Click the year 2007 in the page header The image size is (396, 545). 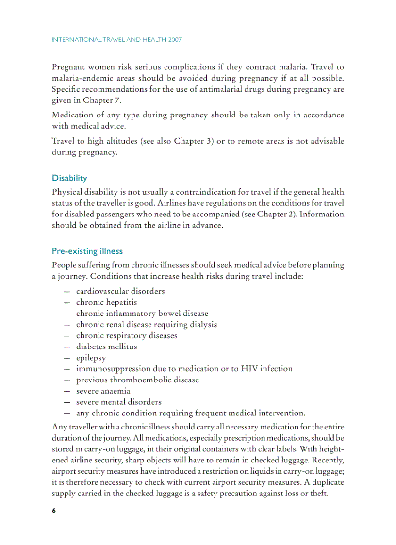[173, 40]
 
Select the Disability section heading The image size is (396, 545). [69, 178]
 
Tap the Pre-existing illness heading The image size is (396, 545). [87, 251]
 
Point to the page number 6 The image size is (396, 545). [54, 511]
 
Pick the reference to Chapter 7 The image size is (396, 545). [102, 100]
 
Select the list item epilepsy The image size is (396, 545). [91, 358]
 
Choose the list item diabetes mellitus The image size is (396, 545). [106, 347]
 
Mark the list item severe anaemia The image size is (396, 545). [103, 391]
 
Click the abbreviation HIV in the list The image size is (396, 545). [249, 369]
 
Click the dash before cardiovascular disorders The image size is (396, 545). [66, 291]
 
